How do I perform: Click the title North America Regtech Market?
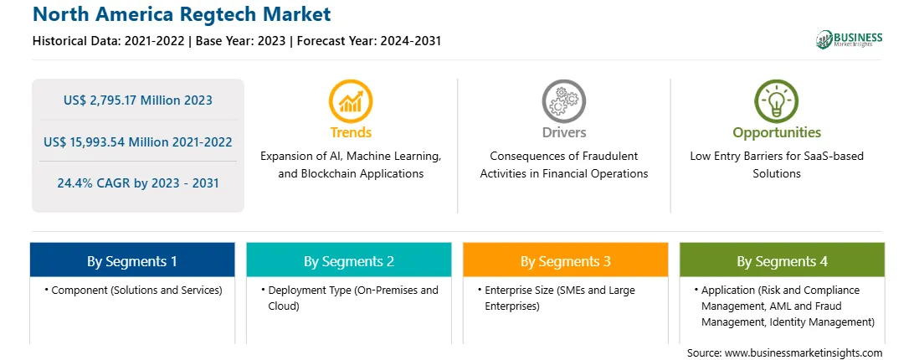click(x=182, y=14)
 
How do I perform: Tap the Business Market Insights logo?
click(x=849, y=39)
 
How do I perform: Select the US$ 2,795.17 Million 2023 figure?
click(x=137, y=100)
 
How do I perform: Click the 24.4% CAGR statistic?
click(x=137, y=183)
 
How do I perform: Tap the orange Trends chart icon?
click(x=351, y=101)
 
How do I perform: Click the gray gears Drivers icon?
click(x=563, y=101)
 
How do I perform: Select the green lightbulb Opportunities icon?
click(x=777, y=101)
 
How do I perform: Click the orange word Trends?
click(x=351, y=132)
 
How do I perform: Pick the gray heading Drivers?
click(x=563, y=132)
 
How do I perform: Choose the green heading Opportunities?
click(x=777, y=133)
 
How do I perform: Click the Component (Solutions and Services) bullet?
click(x=133, y=291)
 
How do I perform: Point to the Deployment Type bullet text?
click(x=350, y=298)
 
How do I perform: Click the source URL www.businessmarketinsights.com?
click(x=804, y=353)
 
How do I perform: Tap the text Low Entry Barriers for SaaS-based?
click(x=777, y=157)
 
